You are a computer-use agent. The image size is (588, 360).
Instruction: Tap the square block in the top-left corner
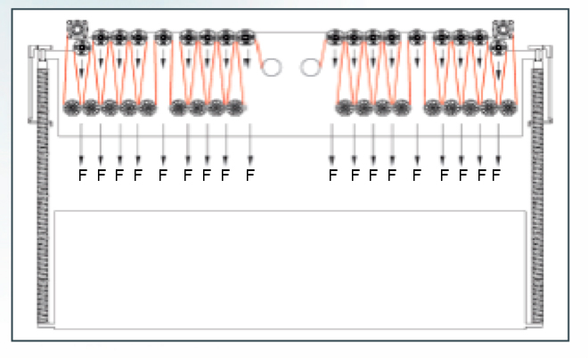coord(77,29)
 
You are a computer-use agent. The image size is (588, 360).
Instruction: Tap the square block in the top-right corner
coord(502,29)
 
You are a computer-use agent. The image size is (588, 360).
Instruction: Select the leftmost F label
coord(83,175)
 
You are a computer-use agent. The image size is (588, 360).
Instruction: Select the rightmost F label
coord(496,175)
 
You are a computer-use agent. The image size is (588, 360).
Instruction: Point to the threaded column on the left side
coord(43,195)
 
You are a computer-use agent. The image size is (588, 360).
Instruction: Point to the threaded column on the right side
coord(538,195)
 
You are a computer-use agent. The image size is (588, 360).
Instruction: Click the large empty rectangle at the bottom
coord(290,270)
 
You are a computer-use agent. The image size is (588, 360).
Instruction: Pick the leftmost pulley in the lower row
coord(72,108)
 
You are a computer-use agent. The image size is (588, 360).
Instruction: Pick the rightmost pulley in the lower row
coord(508,108)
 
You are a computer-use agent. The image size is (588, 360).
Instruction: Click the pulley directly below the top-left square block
coord(82,47)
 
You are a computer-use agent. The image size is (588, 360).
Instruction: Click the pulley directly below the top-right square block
coord(498,47)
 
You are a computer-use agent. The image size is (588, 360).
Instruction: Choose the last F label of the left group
coord(250,175)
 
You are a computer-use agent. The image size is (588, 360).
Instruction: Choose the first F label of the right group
coord(333,175)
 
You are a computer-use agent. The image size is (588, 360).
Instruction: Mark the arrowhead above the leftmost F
coord(81,160)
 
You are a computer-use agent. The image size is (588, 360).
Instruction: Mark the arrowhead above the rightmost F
coord(498,160)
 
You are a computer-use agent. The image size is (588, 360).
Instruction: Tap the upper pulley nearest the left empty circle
coord(246,37)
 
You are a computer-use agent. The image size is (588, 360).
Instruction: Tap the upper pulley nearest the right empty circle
coord(335,37)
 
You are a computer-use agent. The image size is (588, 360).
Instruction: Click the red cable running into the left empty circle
coord(258,53)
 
